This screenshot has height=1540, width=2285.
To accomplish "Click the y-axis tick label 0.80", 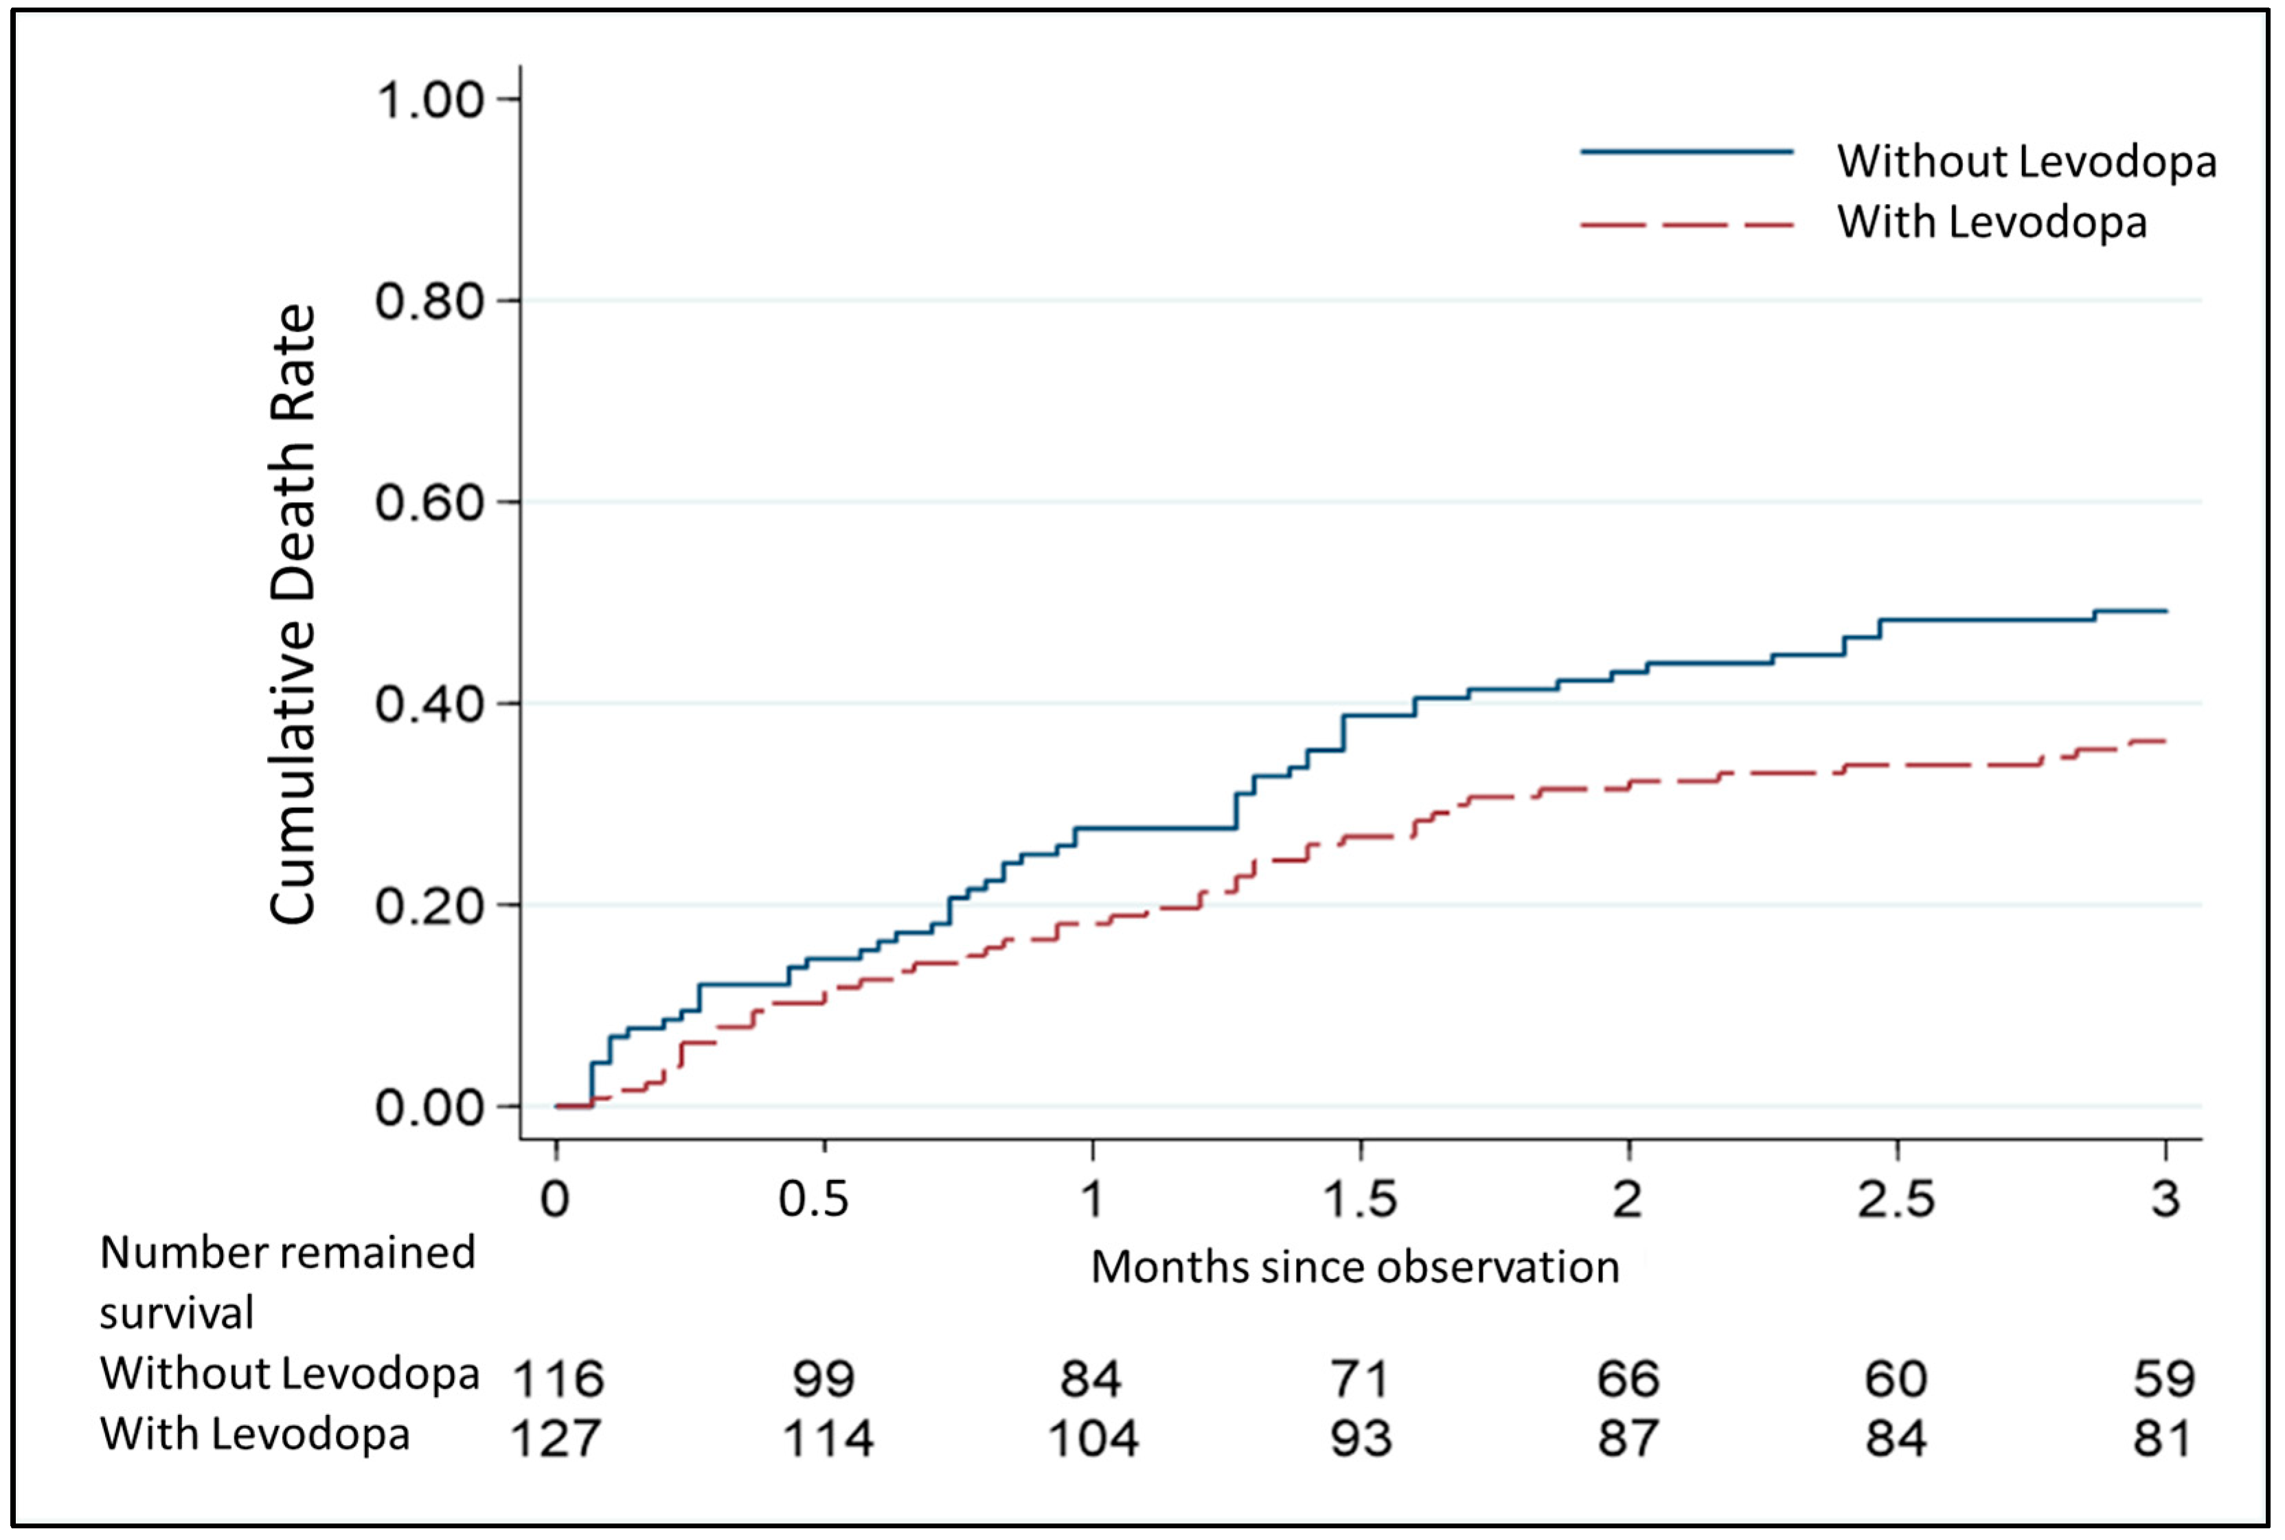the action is [x=430, y=301].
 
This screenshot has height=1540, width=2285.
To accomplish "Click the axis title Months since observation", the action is [x=1355, y=1267].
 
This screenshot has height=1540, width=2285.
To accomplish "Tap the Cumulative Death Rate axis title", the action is [x=293, y=614].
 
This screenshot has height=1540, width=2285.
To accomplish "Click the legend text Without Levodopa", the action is [x=2027, y=161].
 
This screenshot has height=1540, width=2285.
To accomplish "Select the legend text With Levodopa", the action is [x=1992, y=222].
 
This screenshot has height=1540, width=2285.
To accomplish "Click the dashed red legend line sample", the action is [x=1687, y=225].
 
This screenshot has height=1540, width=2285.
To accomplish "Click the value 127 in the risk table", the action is [x=556, y=1439].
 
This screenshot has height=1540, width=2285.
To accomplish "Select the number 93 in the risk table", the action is [x=1360, y=1439].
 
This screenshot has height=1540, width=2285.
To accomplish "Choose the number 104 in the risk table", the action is [x=1093, y=1439].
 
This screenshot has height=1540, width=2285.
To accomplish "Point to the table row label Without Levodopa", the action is [x=290, y=1373].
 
